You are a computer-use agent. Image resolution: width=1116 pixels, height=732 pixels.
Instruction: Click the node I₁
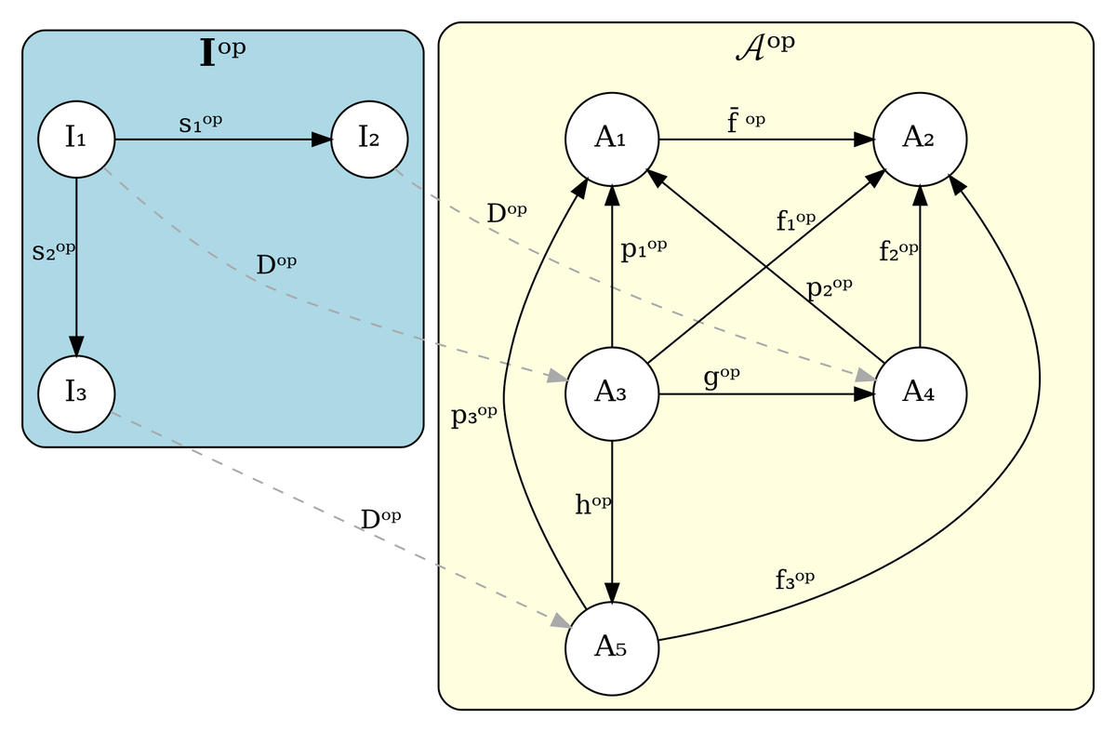click(x=76, y=140)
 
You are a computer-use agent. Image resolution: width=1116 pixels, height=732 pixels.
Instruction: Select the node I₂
click(x=369, y=140)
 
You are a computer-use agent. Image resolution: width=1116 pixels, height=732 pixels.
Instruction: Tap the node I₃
click(x=76, y=394)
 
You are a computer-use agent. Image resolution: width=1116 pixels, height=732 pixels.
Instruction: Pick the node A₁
click(x=612, y=140)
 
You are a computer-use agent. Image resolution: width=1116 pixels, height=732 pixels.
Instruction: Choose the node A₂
click(x=920, y=140)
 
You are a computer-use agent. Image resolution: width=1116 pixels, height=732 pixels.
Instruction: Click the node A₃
click(x=612, y=394)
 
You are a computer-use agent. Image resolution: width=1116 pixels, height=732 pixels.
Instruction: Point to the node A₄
click(x=920, y=394)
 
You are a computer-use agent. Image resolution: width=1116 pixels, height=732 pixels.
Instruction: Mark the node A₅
click(x=612, y=649)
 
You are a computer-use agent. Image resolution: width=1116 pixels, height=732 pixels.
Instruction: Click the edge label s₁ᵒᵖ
click(x=200, y=124)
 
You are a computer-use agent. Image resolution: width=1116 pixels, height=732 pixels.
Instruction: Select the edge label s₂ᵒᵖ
click(x=53, y=251)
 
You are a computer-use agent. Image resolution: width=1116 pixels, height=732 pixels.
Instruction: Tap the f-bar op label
click(x=745, y=122)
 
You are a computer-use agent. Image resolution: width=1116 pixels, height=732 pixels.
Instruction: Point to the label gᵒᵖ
click(x=722, y=377)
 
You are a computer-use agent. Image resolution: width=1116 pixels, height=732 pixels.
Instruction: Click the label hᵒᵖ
click(x=593, y=504)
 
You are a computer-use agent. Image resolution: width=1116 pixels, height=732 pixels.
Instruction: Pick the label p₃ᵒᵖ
click(x=473, y=416)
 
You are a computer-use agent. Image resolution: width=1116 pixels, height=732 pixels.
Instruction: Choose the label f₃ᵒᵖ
click(x=794, y=579)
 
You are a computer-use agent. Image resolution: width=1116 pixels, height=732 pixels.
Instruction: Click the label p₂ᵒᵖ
click(x=829, y=288)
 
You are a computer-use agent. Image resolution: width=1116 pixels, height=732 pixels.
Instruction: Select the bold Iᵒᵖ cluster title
click(x=222, y=52)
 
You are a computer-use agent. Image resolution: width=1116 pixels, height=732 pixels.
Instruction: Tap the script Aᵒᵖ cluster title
click(x=765, y=47)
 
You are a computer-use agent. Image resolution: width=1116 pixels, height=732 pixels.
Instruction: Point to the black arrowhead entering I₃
click(x=76, y=346)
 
